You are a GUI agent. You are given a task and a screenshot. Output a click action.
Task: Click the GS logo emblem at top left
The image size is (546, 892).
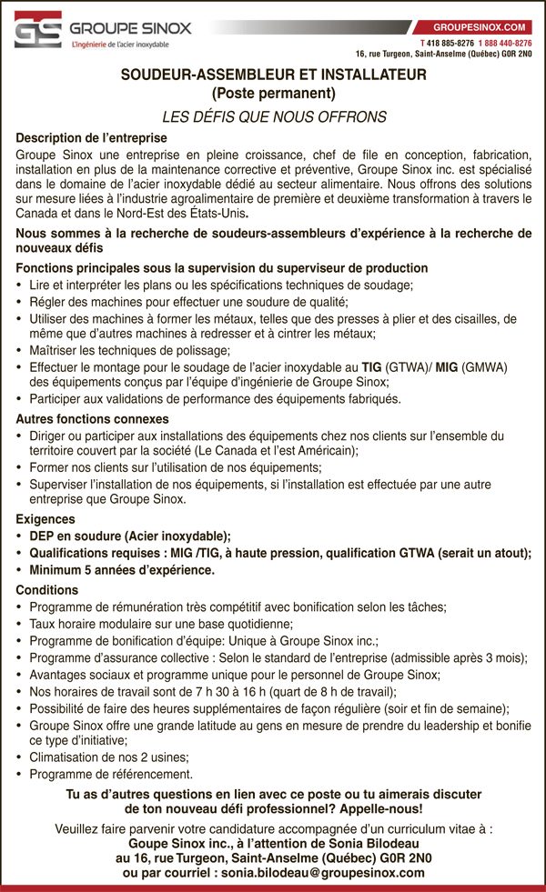38,30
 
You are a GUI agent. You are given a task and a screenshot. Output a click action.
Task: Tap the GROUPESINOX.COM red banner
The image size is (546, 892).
480,28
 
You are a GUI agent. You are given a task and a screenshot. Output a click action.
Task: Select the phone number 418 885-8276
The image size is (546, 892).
449,43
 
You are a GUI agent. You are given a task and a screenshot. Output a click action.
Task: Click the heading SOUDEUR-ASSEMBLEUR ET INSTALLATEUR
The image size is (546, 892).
273,77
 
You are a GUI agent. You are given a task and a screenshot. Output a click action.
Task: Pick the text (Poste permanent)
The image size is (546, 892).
273,94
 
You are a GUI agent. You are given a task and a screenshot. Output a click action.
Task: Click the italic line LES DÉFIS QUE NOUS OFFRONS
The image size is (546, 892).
274,117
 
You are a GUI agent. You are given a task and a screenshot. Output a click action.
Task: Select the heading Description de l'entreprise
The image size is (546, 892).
92,138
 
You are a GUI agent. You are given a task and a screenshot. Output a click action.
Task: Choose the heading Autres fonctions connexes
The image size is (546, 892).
93,419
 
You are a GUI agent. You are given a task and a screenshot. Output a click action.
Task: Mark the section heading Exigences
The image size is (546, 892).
46,519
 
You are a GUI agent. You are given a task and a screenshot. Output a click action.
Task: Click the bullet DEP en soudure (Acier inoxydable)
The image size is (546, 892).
129,536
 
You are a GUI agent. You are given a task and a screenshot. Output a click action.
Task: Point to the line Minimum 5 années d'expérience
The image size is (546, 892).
122,570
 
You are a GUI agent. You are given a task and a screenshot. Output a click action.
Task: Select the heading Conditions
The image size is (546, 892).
47,590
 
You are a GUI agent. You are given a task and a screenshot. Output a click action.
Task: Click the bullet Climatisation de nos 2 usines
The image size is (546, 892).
109,757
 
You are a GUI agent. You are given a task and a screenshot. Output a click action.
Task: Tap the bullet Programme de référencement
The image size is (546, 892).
111,775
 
